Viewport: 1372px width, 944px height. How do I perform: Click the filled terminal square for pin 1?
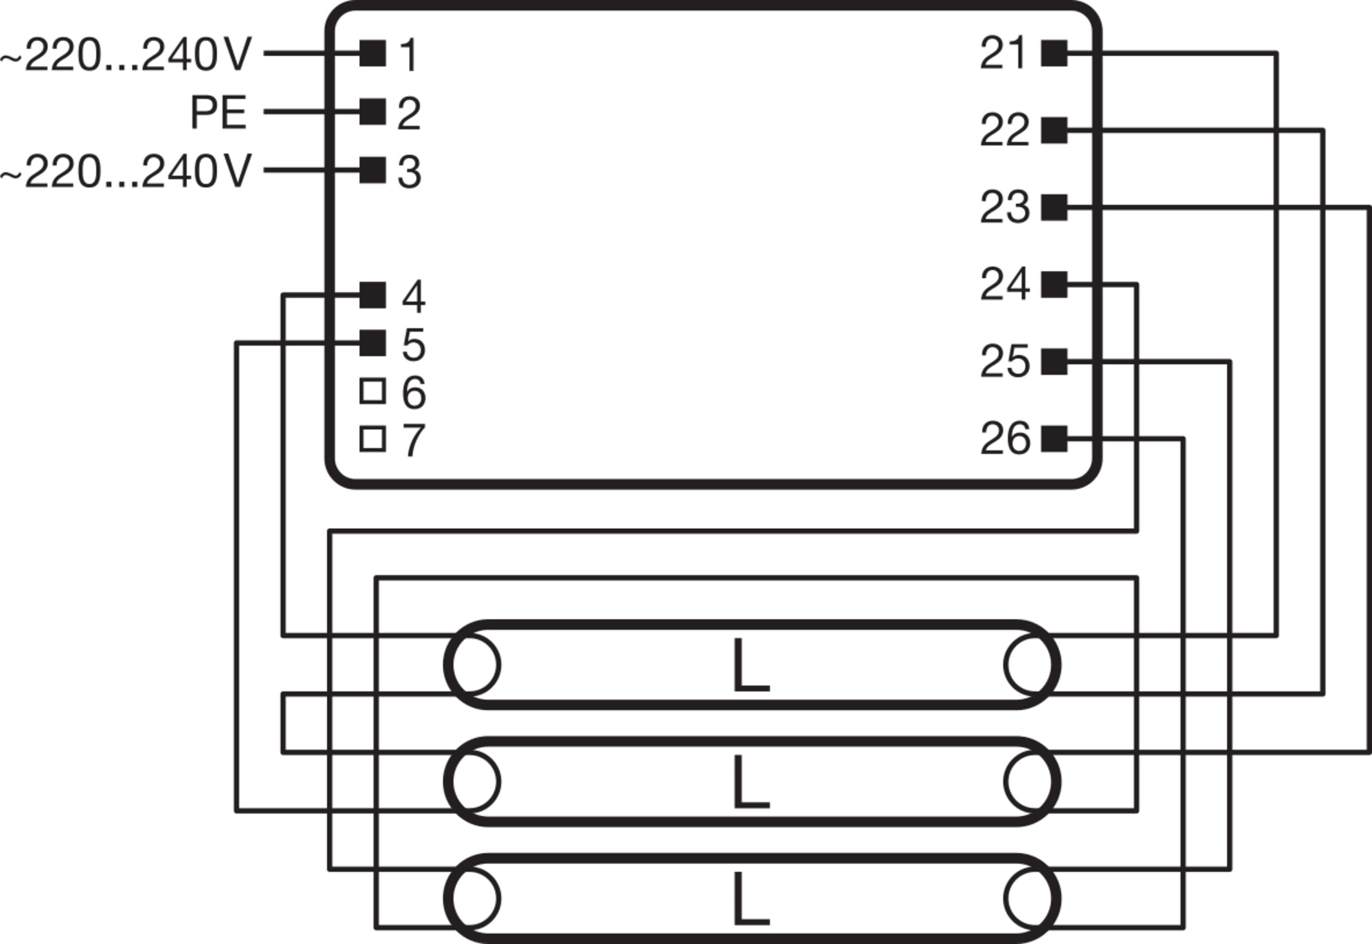click(373, 53)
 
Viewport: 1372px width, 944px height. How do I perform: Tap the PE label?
click(218, 112)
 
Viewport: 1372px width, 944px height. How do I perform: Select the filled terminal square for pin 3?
click(373, 170)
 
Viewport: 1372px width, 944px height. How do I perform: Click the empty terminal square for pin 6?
click(373, 391)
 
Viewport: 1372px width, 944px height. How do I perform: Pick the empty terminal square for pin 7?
click(373, 439)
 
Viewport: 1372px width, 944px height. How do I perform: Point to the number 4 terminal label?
click(413, 297)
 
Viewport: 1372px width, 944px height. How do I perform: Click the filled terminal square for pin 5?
click(373, 343)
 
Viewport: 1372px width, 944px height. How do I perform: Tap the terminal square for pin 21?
click(1054, 53)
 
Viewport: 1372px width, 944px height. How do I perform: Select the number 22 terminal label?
click(1004, 130)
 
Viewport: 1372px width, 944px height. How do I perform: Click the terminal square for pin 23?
click(1054, 207)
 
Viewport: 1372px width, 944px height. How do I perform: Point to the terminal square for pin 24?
click(1054, 285)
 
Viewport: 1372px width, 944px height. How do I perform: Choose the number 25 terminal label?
click(1004, 361)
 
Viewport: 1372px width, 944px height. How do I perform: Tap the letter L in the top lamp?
click(750, 665)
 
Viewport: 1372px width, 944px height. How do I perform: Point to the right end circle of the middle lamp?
click(1030, 782)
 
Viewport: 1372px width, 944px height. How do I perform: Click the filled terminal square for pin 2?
click(373, 112)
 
